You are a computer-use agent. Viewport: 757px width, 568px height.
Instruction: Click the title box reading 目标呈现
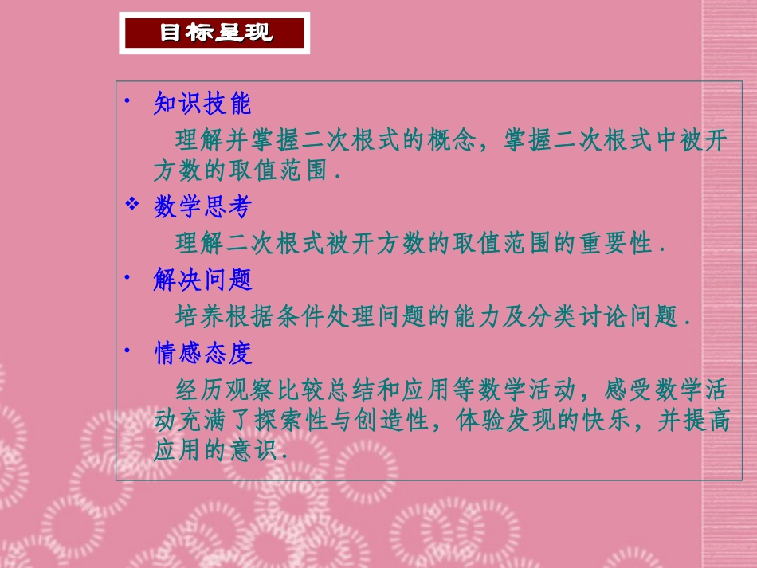click(214, 33)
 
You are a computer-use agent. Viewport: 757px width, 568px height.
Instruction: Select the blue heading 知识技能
click(202, 104)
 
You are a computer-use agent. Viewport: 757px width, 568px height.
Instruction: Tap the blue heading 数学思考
click(202, 208)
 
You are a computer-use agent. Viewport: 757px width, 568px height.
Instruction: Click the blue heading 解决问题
click(202, 280)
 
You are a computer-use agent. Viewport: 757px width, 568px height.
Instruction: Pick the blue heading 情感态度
click(202, 352)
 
